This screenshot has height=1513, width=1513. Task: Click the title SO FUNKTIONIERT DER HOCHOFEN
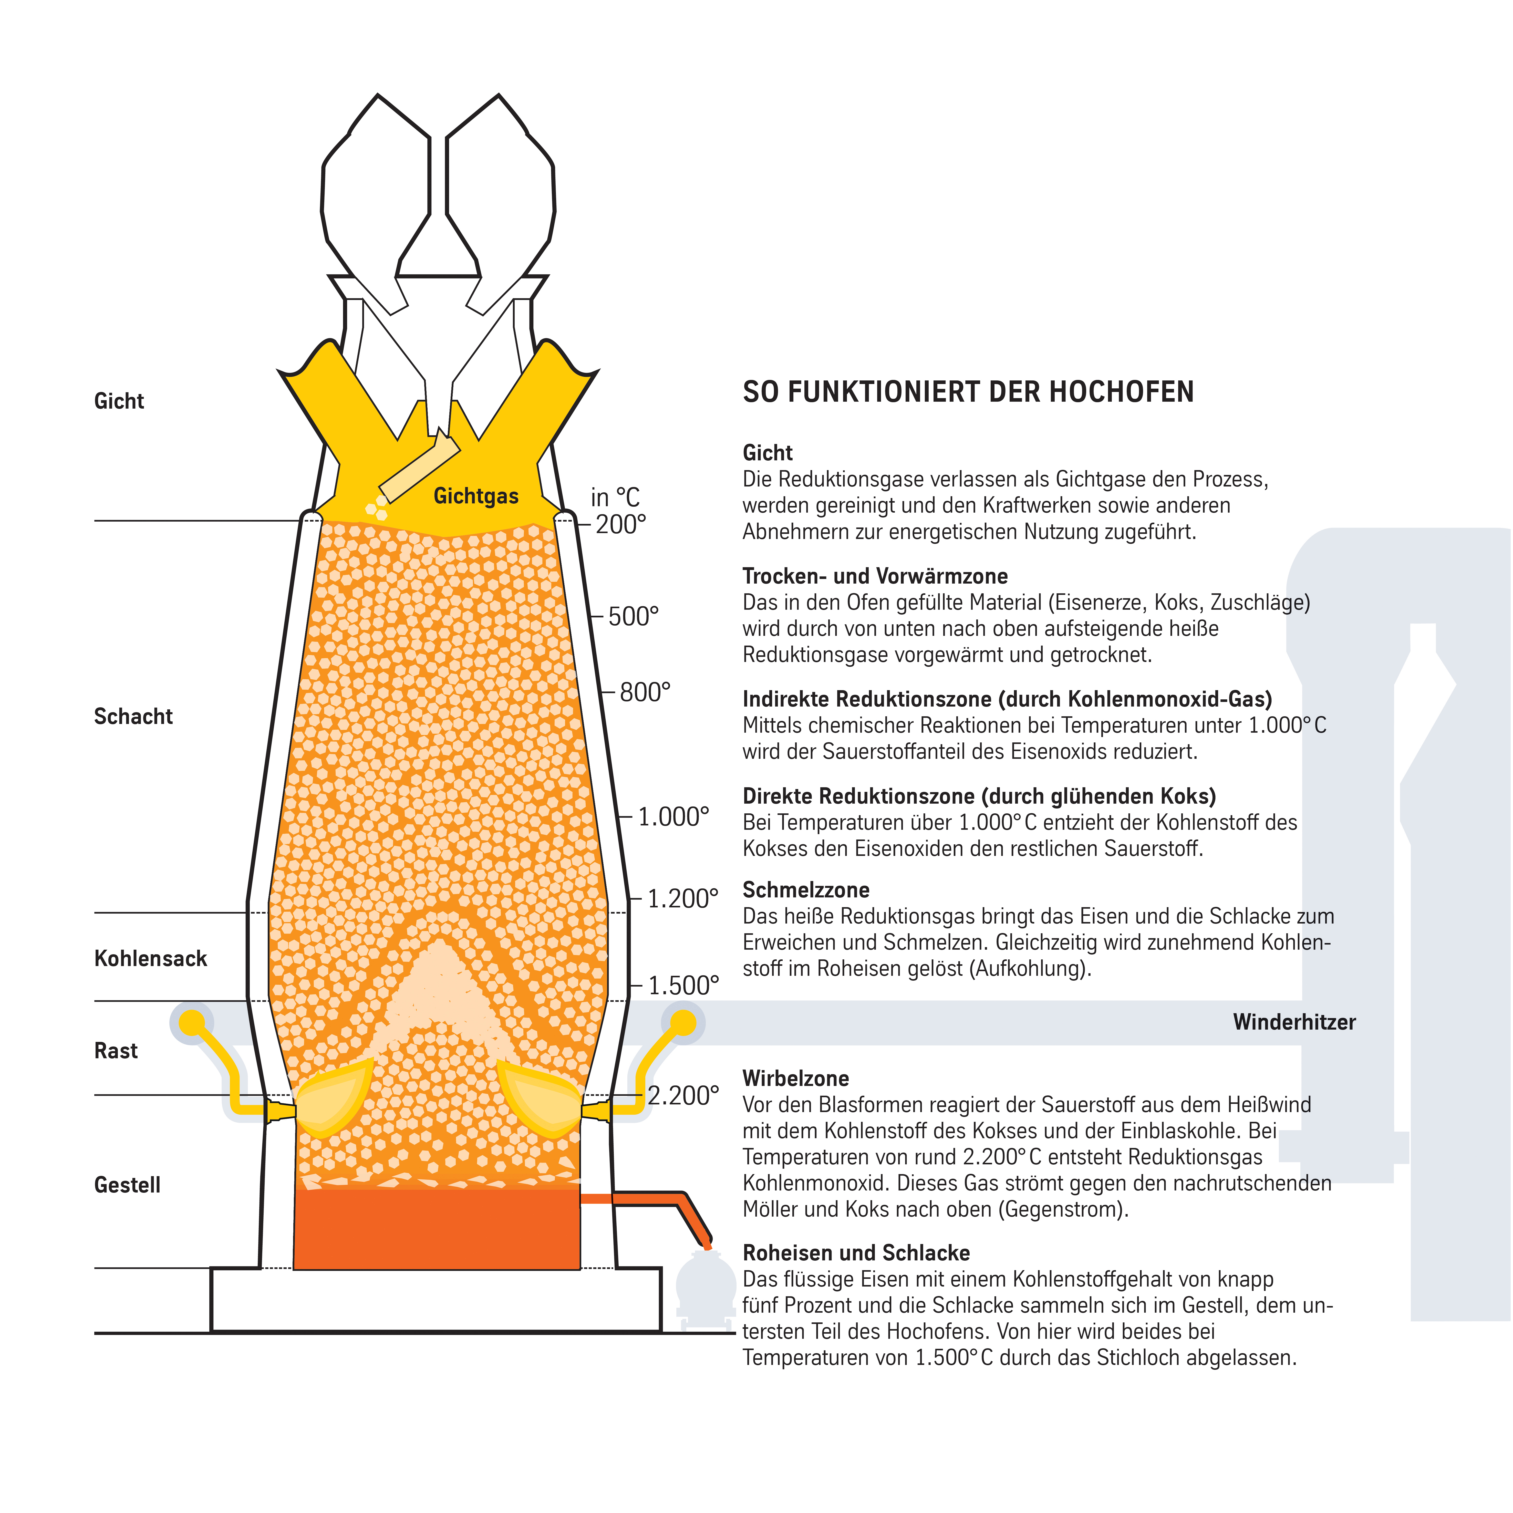968,391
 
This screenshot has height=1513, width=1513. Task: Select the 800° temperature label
645,692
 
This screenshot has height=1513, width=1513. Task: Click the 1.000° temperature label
673,817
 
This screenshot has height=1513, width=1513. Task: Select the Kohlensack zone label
150,959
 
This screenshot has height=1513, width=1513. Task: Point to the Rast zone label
116,1051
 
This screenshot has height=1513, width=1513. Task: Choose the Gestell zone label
127,1185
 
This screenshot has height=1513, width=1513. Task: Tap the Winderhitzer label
1294,1022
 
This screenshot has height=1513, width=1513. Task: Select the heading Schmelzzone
806,890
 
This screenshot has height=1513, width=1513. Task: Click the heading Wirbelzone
796,1078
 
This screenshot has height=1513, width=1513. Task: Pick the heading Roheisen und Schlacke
856,1253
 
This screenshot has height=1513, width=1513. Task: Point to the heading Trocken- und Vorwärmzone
875,576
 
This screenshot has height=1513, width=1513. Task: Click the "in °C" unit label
616,497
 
